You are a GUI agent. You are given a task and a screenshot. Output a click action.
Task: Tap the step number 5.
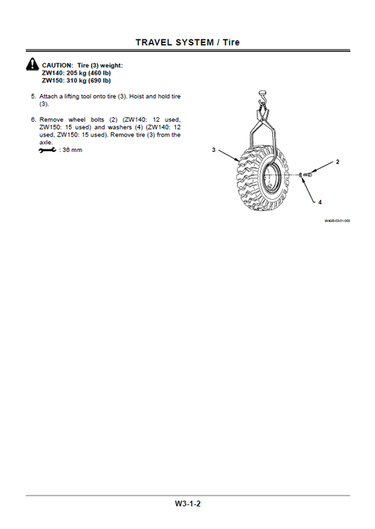pos(33,94)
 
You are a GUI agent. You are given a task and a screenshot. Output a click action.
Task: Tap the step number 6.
pos(33,119)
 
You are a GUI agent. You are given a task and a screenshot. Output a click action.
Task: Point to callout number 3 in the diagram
pos(213,150)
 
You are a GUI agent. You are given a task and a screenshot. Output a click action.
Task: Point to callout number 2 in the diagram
pos(337,162)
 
